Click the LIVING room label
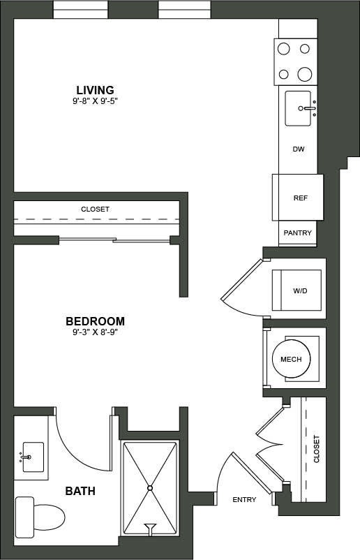pos(95,89)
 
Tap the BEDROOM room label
pos(95,321)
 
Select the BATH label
pos(80,491)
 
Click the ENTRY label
pos(244,499)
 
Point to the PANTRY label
pos(297,233)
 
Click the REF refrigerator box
pos(300,198)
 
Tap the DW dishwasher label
pos(299,149)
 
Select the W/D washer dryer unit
pos(297,290)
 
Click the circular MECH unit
pos(290,360)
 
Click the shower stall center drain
pos(149,487)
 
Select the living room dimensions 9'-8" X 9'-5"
pos(95,101)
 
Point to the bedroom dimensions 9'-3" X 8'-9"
pos(95,333)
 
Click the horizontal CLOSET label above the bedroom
pos(95,209)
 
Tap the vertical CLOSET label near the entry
pos(316,449)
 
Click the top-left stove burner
pos(285,49)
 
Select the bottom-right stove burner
pos(305,74)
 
